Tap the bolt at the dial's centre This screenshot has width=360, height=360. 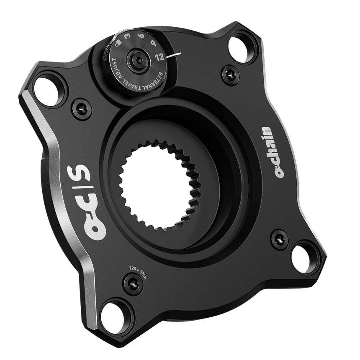[x=137, y=59]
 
